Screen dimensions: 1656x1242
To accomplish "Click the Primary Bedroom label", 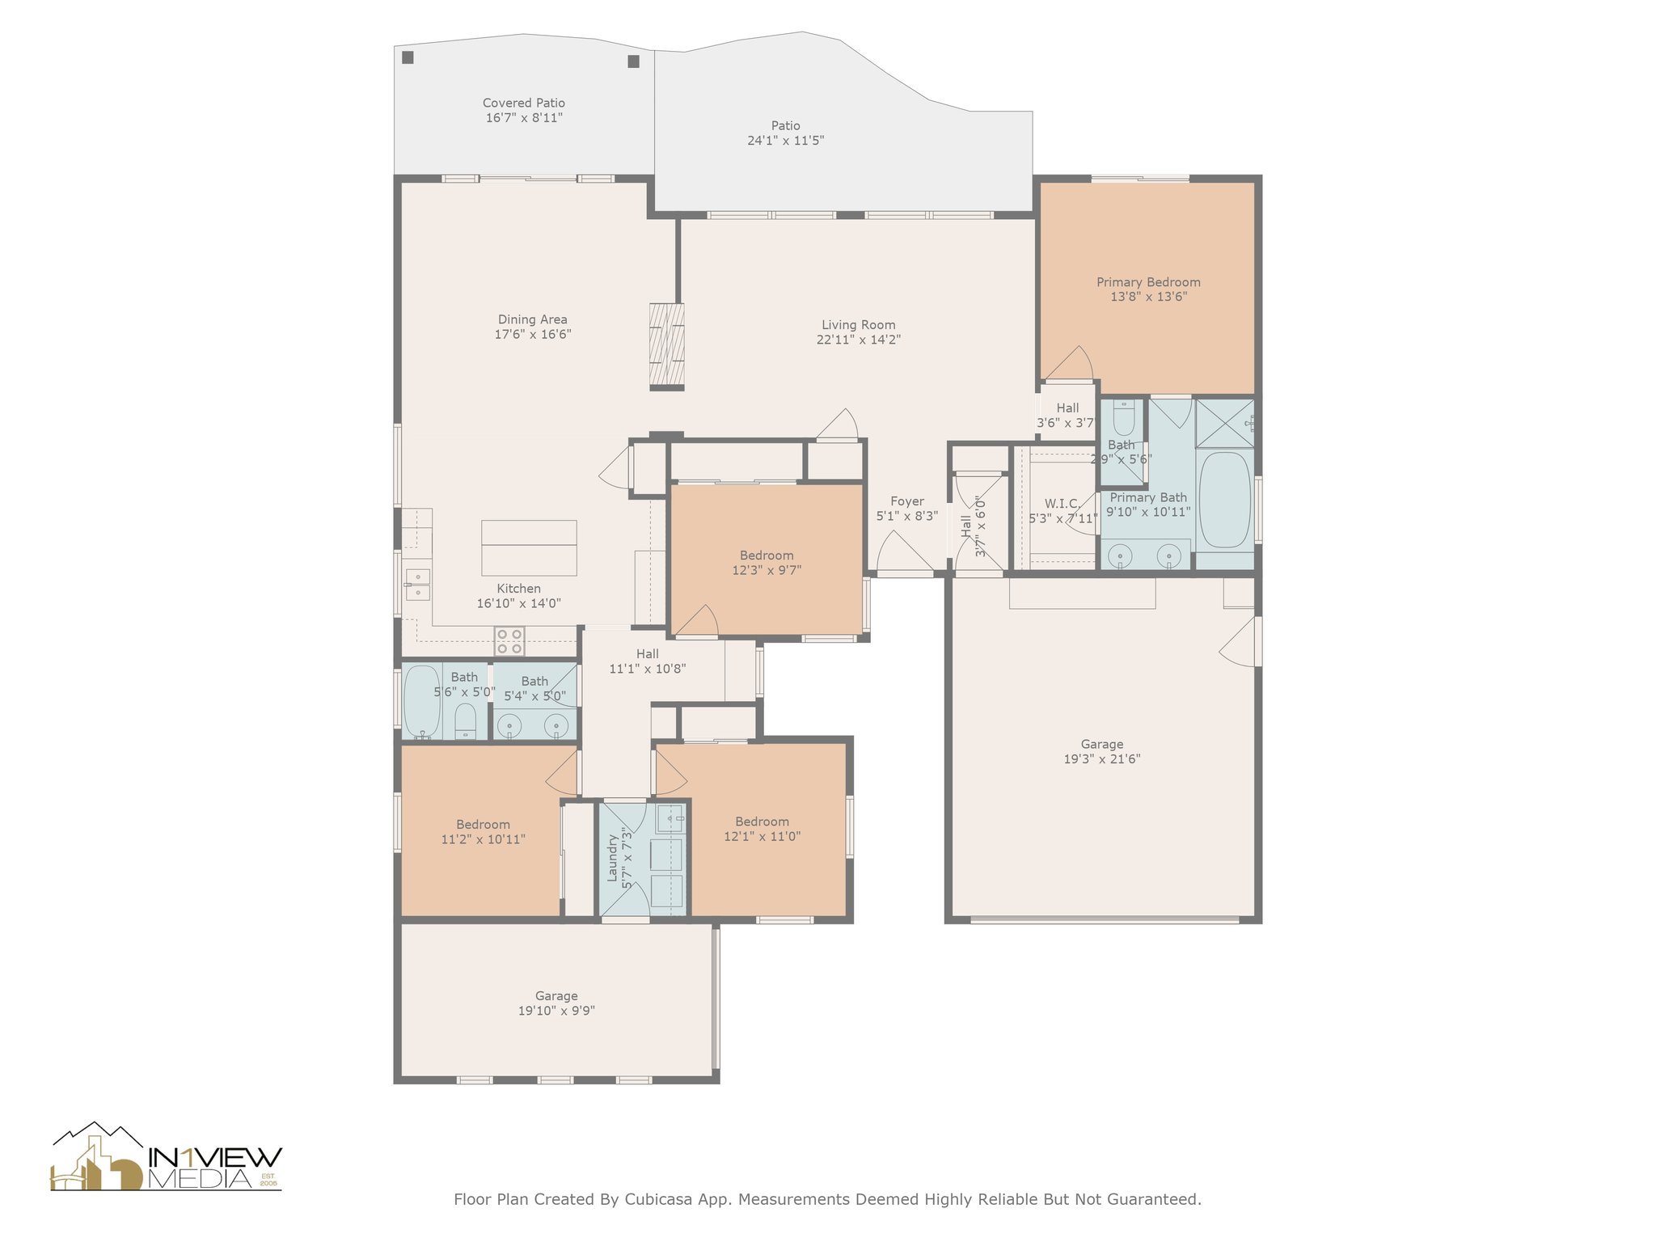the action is (x=1148, y=282).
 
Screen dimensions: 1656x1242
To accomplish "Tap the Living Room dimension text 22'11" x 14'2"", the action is (x=859, y=340).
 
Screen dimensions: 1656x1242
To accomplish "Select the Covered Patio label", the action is (x=524, y=103).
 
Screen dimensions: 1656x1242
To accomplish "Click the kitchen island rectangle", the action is (x=529, y=547).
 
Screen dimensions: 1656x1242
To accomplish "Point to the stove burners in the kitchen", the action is (x=509, y=642).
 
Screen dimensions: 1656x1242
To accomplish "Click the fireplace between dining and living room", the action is (x=667, y=347).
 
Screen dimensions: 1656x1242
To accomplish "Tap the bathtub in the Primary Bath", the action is (x=1225, y=500).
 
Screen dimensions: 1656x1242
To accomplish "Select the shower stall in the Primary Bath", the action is (x=1225, y=422).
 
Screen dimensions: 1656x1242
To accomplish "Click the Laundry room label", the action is (x=612, y=859).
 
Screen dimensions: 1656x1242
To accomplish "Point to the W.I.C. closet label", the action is (x=1062, y=504).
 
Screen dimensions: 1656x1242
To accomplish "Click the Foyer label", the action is (x=907, y=501).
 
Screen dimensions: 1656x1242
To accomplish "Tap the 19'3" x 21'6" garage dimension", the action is (x=1102, y=759).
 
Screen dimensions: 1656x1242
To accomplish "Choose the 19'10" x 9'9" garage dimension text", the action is (x=556, y=1011).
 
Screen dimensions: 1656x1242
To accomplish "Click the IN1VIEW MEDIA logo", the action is (x=167, y=1157).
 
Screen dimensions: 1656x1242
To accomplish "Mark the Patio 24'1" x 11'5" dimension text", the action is (x=786, y=141).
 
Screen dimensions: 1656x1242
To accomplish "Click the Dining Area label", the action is (x=533, y=319).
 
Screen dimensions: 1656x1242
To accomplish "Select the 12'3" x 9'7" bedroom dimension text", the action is (x=767, y=570).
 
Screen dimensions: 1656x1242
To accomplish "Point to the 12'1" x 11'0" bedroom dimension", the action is (x=763, y=837).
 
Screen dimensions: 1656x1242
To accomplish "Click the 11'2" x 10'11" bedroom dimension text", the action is (x=484, y=839).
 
